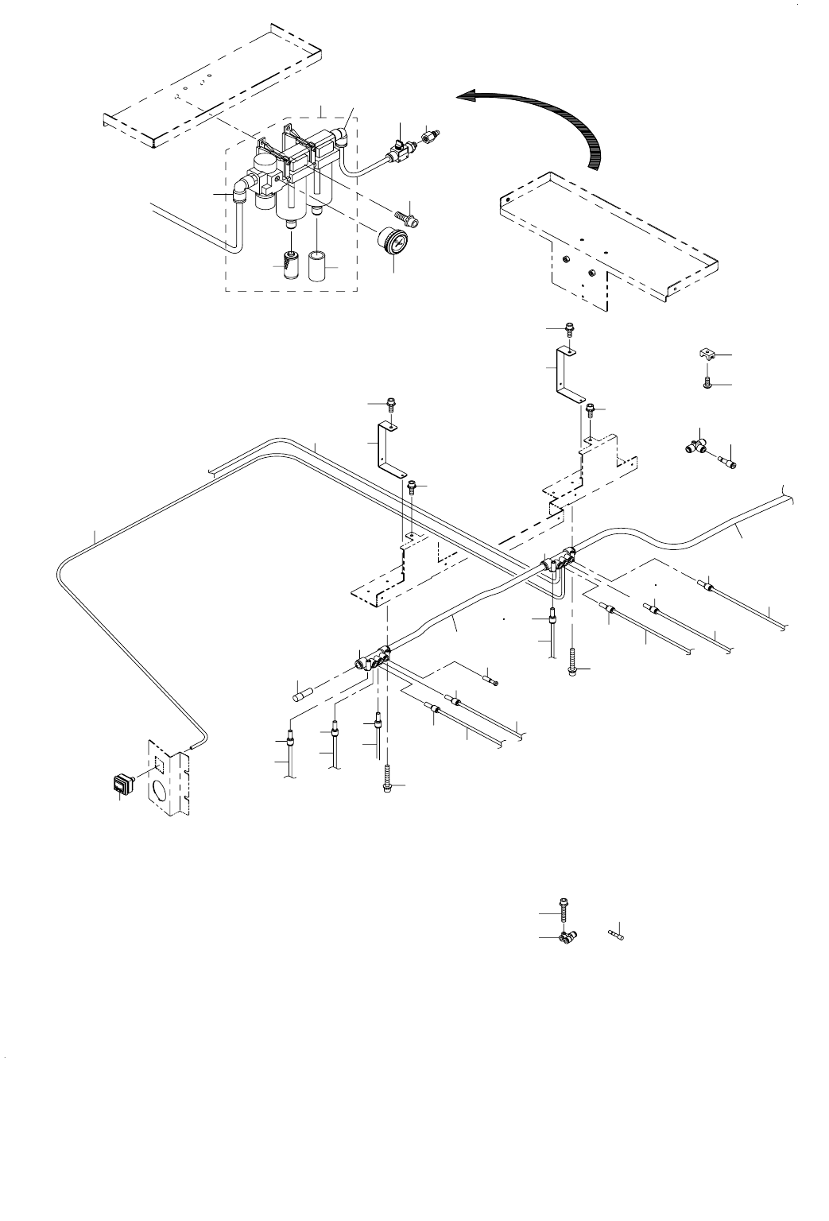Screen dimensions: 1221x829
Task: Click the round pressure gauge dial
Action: (x=391, y=239)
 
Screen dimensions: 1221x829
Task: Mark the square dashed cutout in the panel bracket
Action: (x=161, y=764)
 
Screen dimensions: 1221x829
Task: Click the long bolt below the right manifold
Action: (x=571, y=663)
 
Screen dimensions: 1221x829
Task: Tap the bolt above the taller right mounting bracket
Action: (x=569, y=329)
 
